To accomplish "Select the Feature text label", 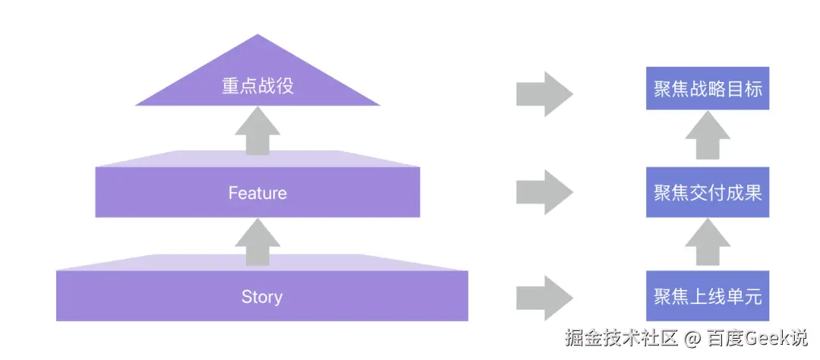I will click(257, 193).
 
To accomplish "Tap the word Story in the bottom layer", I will click(261, 296).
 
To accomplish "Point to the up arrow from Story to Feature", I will click(257, 244).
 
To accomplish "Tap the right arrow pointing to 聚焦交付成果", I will click(544, 192).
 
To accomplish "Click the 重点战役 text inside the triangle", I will click(257, 86).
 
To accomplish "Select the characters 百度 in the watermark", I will click(722, 337).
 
